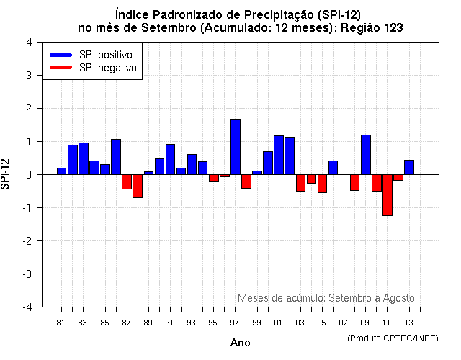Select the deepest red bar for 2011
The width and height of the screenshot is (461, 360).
(x=388, y=194)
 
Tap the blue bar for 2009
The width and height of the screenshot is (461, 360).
(x=366, y=155)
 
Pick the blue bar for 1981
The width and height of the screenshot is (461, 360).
(x=61, y=171)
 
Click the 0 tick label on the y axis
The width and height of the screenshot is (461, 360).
(x=28, y=174)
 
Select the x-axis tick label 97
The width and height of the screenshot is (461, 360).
(x=235, y=321)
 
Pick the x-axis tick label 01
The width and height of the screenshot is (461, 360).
(x=278, y=321)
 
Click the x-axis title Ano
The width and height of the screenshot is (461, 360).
(x=240, y=343)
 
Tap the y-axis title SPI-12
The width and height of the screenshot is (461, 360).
(x=7, y=174)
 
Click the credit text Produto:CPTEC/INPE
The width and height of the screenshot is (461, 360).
(x=393, y=338)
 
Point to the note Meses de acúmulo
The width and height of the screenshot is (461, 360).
(x=326, y=298)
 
